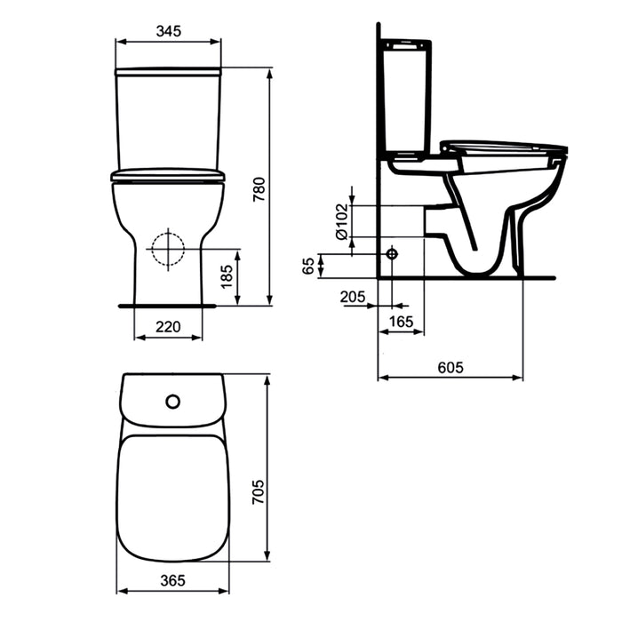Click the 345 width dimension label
click(169, 31)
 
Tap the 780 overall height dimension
click(259, 189)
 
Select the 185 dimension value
click(227, 277)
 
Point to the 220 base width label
click(168, 327)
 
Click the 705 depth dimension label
click(259, 492)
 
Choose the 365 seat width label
click(173, 581)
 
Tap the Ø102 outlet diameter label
click(341, 222)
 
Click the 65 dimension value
click(308, 266)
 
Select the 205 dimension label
click(353, 297)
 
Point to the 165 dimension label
click(401, 322)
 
